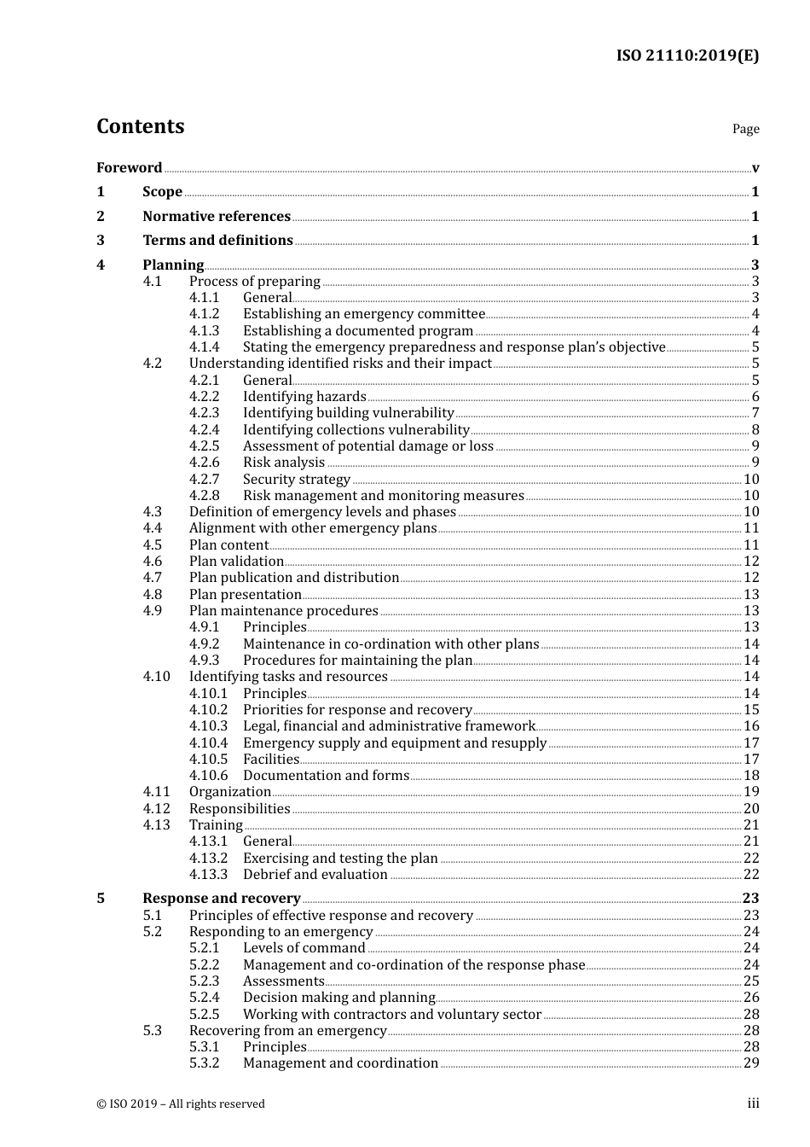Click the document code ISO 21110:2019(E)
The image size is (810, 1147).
point(687,55)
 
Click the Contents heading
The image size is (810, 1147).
point(140,126)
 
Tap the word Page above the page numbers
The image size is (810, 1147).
point(745,129)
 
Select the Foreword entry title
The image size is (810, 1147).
point(129,167)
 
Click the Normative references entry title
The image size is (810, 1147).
point(217,216)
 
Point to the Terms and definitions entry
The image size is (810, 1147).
point(217,240)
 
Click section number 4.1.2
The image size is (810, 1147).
point(204,314)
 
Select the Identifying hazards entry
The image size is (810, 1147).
point(304,397)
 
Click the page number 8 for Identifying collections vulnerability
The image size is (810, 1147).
point(755,430)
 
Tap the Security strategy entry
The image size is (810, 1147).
point(297,479)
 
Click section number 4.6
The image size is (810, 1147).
point(153,562)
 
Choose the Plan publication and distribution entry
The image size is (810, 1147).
point(294,578)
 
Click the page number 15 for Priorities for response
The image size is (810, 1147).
point(751,710)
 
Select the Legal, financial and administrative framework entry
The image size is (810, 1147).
point(389,726)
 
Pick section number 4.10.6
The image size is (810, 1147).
point(208,776)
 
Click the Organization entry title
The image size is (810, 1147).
point(229,792)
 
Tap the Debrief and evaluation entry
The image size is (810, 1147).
point(315,875)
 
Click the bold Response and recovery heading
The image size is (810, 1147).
point(222,898)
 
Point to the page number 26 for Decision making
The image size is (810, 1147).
point(751,998)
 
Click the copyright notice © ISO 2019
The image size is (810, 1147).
point(181,1103)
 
